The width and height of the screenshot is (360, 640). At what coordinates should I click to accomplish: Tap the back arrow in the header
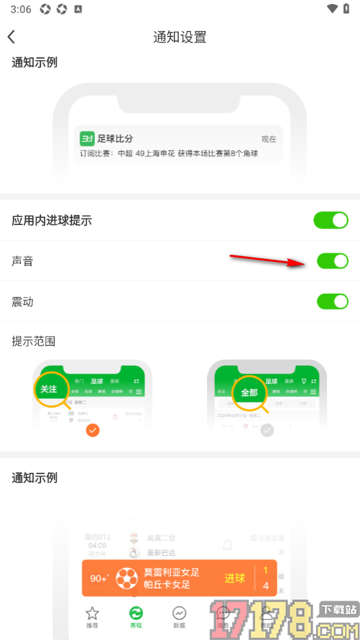pos(11,37)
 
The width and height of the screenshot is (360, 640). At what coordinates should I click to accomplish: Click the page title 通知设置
pos(180,37)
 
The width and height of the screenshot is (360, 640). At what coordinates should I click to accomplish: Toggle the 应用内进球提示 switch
pos(331,220)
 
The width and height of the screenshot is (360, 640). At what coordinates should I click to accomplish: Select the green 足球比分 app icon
pos(87,139)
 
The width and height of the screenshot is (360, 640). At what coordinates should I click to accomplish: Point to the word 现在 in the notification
pos(269,139)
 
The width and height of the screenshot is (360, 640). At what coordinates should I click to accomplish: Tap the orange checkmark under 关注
pos(93,430)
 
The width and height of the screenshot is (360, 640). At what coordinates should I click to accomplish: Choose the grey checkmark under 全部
pos(268,430)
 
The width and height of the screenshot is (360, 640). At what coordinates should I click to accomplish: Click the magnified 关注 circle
pos(50,389)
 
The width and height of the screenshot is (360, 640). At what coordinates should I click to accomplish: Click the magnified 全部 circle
pos(250,393)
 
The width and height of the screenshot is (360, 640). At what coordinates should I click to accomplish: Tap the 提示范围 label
pos(33,341)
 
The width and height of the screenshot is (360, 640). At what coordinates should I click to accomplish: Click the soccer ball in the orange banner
pos(127,578)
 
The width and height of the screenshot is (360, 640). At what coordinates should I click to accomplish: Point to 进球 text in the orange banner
pos(235,578)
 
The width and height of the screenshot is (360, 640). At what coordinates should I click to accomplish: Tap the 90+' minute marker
pos(100,578)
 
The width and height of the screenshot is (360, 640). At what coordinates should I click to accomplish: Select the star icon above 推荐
pos(92,612)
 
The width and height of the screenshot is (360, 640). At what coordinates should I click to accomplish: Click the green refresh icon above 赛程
pos(136,612)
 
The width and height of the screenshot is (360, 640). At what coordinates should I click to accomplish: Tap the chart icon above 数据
pos(179,612)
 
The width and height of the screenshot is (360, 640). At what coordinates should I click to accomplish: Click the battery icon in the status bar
pos(347,9)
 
